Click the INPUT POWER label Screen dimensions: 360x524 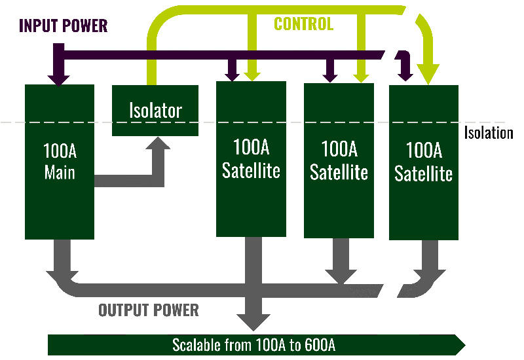[63, 26]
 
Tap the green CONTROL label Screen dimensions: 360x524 [303, 24]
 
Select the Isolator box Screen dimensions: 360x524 [155, 110]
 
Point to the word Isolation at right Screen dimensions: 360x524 [489, 134]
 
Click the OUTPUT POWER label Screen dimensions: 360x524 [149, 310]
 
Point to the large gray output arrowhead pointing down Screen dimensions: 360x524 [252, 321]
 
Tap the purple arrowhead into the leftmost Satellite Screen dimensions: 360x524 [233, 75]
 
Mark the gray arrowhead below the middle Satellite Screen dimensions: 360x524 [339, 275]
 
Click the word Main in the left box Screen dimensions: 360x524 [60, 173]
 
